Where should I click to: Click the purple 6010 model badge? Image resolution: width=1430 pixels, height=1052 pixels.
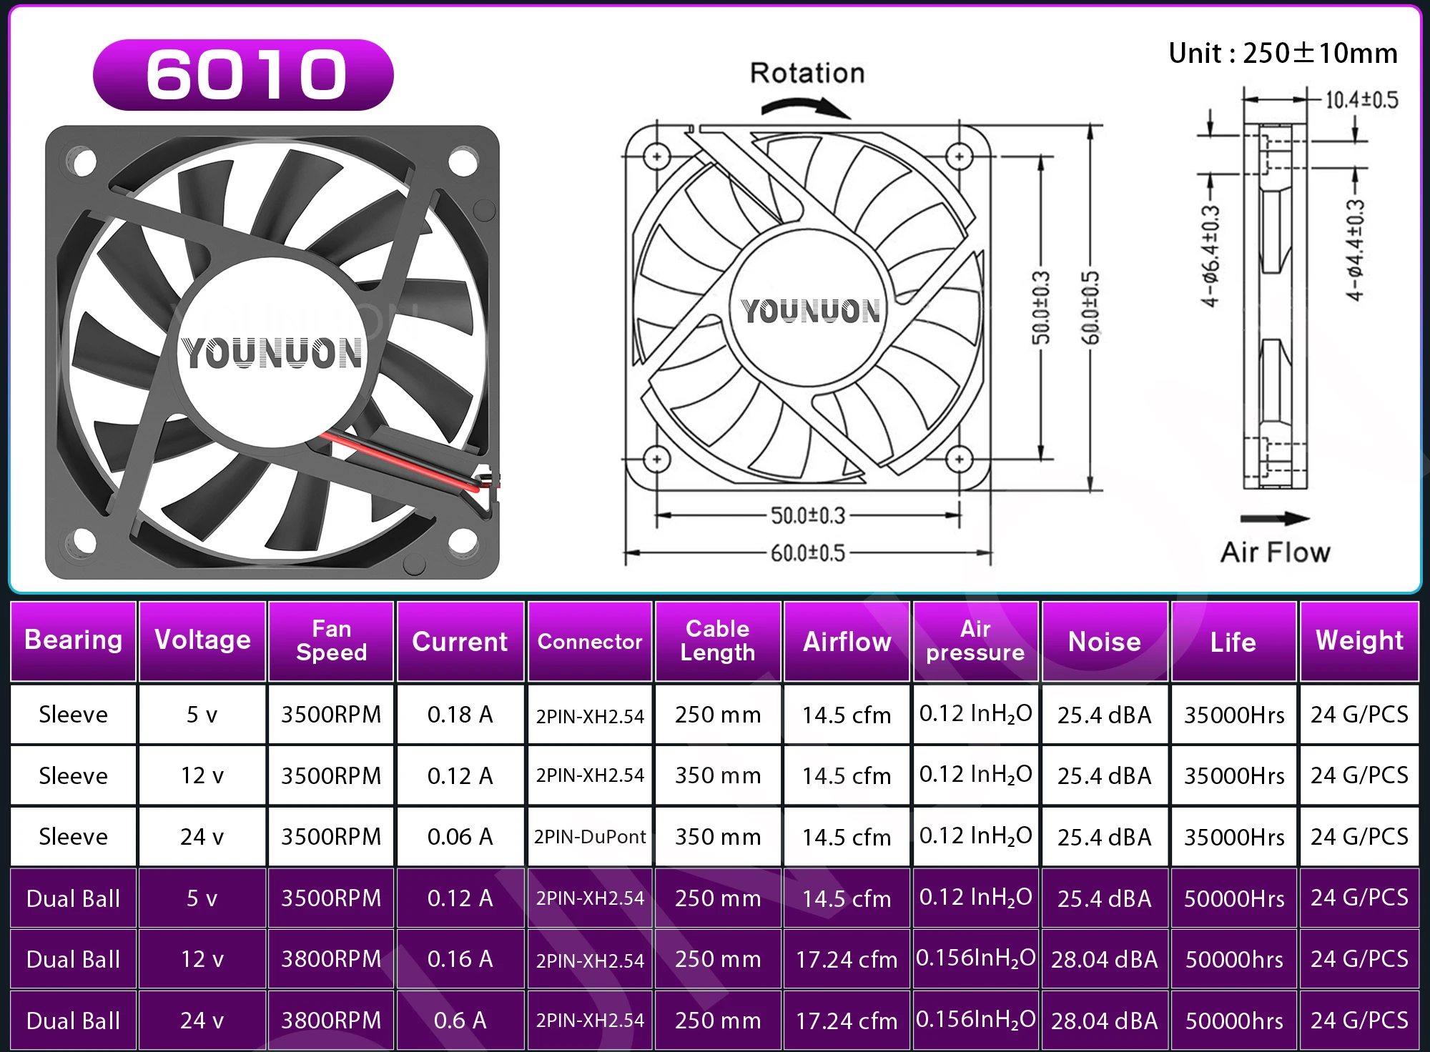click(243, 75)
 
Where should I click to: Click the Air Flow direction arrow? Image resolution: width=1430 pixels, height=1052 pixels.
click(1275, 518)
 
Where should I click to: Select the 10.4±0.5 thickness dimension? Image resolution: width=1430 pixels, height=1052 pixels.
click(1361, 100)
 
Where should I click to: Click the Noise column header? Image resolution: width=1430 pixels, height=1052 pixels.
click(1105, 642)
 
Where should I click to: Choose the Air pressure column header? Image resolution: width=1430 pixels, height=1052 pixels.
click(975, 641)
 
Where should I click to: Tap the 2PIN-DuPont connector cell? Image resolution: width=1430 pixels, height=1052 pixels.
click(590, 836)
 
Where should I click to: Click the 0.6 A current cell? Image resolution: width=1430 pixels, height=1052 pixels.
click(460, 1020)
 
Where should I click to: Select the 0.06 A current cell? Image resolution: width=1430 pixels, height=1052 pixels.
click(460, 836)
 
